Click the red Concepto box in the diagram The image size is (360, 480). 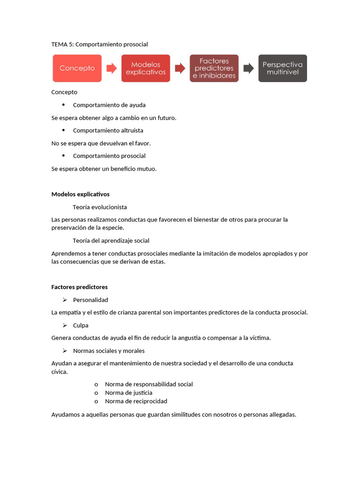77,68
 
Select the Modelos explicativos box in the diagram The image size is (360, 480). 145,68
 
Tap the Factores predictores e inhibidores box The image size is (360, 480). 214,68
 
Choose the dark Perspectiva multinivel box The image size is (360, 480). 282,68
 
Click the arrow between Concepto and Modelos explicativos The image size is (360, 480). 112,68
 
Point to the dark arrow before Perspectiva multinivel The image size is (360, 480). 248,68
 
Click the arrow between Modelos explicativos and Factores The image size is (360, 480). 180,68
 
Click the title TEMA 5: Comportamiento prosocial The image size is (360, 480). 99,45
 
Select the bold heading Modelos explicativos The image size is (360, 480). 80,194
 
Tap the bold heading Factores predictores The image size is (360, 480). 79,287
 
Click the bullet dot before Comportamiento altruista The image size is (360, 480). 63,130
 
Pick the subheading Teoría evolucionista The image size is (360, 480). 100,207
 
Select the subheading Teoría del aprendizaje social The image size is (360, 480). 111,240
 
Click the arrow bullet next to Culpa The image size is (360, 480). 65,325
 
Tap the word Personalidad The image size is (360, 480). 90,300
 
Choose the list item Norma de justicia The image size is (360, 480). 128,393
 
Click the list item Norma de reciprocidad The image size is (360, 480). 136,401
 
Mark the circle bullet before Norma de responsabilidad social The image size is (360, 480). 96,384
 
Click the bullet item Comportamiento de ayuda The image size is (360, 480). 109,105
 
